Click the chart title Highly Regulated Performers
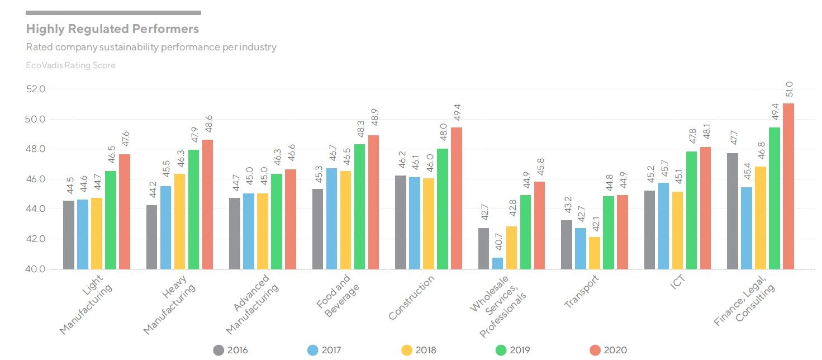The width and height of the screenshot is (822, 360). (x=112, y=29)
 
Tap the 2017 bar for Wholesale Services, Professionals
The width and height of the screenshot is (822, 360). (x=497, y=263)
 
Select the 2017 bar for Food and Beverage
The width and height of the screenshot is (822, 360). (x=331, y=219)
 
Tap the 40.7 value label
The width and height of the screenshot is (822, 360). (x=497, y=245)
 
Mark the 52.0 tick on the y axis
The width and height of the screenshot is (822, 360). (x=40, y=89)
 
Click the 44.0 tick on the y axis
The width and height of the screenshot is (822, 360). (x=40, y=209)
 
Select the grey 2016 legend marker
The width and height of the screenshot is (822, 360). (x=219, y=350)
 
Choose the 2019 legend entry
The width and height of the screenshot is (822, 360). (x=512, y=350)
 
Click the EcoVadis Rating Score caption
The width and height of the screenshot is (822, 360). (x=71, y=65)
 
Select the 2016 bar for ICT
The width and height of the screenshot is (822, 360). (x=649, y=230)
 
